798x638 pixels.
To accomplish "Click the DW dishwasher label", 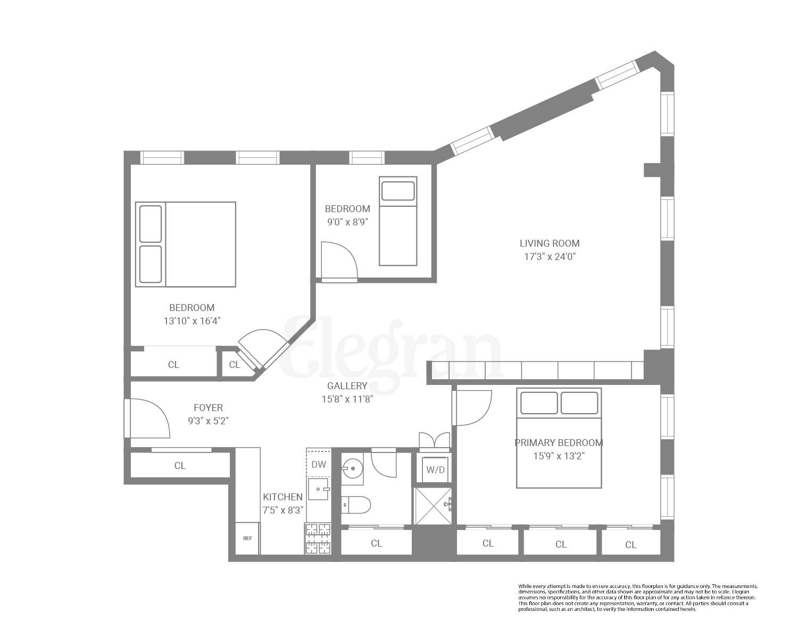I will coord(319,465).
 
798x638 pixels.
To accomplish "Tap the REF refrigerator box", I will coord(247,538).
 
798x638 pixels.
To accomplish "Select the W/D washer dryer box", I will coord(436,470).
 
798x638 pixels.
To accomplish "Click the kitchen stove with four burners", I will coord(318,538).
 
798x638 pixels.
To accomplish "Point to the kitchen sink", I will coord(319,489).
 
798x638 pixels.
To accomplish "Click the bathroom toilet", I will coord(355,505).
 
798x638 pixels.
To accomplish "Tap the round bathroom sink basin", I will coord(352,469).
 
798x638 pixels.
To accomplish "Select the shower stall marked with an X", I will coord(433,506).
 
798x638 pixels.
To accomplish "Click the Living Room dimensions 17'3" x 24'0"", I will coord(549,257).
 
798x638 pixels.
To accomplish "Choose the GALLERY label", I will coord(347,386).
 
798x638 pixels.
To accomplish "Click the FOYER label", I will coord(208,408).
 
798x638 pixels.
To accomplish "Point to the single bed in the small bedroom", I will coord(397,221).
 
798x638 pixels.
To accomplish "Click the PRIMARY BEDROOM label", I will coord(559,442).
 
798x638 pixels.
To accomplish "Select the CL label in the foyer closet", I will coord(180,466).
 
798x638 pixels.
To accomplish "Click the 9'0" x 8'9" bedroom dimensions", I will coord(347,222).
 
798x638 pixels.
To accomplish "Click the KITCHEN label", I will coord(282,497).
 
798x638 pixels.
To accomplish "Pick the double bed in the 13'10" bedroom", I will coord(185,244).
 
